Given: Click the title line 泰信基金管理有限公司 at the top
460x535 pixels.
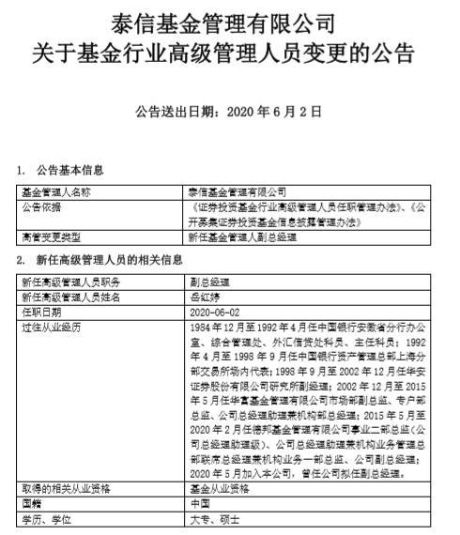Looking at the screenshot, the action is (230, 20).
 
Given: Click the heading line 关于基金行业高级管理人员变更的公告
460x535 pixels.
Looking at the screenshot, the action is (230, 52).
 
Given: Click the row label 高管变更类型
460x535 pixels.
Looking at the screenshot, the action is (51, 237).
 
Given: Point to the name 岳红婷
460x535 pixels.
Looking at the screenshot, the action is (204, 296).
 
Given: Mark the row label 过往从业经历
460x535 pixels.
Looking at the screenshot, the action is (51, 326).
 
